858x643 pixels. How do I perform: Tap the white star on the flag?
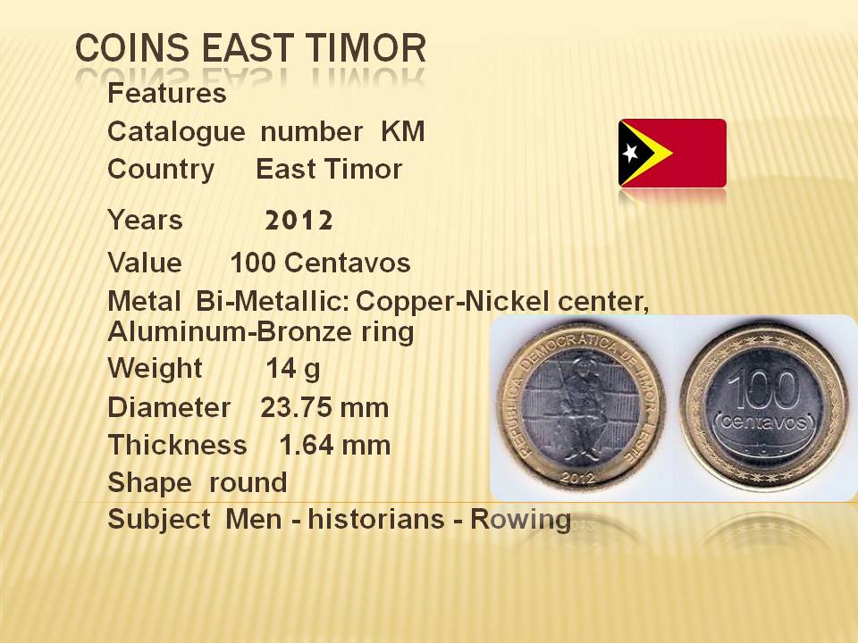630,153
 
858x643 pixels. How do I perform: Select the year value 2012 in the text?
299,221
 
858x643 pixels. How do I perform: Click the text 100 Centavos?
320,263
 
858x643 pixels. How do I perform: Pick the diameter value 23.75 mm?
324,408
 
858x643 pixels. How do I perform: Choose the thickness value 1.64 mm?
335,445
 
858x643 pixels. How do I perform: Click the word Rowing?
521,520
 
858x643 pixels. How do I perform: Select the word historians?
376,519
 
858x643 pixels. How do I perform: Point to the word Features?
167,93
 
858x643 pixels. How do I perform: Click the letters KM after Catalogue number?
403,131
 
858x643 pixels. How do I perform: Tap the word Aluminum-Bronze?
230,331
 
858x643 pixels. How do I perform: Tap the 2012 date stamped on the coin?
578,477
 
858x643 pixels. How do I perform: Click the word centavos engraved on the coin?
763,422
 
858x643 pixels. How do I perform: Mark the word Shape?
149,483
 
